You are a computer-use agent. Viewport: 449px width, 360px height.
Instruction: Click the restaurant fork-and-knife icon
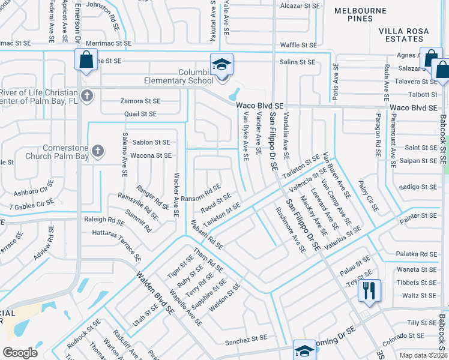click(x=369, y=291)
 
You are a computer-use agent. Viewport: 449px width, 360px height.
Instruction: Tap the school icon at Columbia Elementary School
click(x=221, y=64)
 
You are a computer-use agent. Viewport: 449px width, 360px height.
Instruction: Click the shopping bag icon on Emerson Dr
click(x=86, y=60)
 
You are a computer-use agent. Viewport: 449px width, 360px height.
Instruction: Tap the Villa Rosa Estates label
click(x=403, y=35)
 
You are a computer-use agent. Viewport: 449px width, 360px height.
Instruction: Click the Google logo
click(x=20, y=353)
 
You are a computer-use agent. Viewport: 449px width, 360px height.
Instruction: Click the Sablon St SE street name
click(x=151, y=142)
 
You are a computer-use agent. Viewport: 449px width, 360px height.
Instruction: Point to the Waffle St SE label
click(x=298, y=45)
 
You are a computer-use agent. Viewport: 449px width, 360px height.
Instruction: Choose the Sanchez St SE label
click(x=246, y=342)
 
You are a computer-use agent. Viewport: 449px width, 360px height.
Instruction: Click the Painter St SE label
click(x=420, y=215)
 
